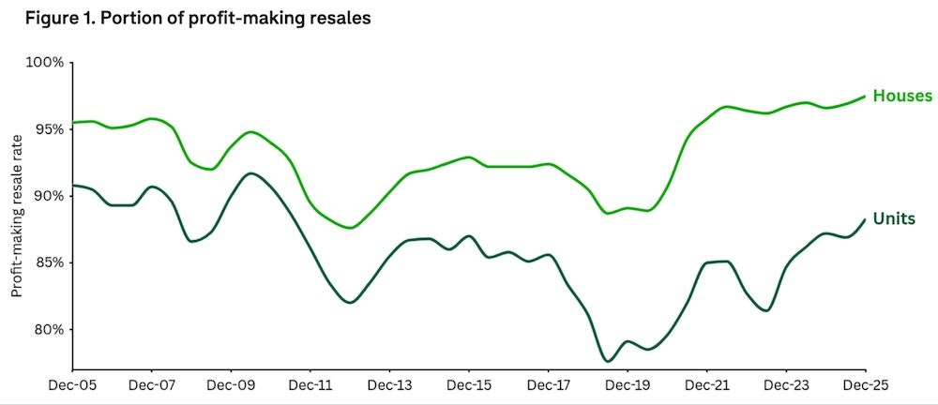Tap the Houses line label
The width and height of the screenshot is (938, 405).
(901, 96)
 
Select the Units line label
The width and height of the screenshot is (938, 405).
(894, 218)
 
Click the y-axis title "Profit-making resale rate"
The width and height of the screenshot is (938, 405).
(17, 216)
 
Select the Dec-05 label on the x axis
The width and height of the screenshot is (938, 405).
(73, 384)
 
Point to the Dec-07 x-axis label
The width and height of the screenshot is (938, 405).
(152, 384)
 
